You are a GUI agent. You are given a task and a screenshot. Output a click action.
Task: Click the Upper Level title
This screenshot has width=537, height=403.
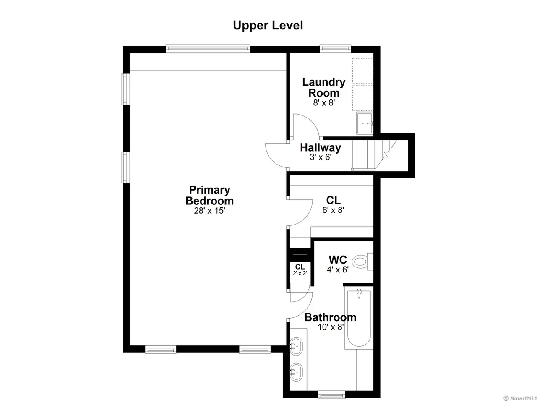pyautogui.click(x=268, y=26)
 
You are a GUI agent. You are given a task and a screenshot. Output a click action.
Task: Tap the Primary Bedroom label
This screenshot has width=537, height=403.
pyautogui.click(x=209, y=195)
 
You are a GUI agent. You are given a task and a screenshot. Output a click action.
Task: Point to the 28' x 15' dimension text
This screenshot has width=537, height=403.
pyautogui.click(x=209, y=211)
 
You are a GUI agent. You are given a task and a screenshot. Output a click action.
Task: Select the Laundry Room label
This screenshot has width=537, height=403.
pyautogui.click(x=323, y=87)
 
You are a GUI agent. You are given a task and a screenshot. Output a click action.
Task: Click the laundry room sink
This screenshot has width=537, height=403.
pyautogui.click(x=365, y=123)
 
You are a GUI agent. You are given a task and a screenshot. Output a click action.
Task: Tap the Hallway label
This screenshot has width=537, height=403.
pyautogui.click(x=321, y=147)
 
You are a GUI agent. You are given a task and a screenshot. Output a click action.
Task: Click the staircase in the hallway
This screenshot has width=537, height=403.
pyautogui.click(x=374, y=155)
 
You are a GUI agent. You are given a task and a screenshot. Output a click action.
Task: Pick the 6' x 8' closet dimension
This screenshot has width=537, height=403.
pyautogui.click(x=333, y=210)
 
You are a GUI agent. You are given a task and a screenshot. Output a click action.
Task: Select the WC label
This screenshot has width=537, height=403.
pyautogui.click(x=338, y=260)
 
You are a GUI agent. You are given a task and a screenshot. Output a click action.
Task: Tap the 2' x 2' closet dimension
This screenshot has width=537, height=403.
pyautogui.click(x=300, y=273)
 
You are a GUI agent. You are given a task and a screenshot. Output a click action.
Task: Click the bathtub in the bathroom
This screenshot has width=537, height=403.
pyautogui.click(x=359, y=317)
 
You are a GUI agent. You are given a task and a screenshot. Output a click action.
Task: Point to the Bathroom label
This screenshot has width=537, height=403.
pyautogui.click(x=330, y=317)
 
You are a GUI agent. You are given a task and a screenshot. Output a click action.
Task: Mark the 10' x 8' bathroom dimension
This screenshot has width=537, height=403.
pyautogui.click(x=331, y=327)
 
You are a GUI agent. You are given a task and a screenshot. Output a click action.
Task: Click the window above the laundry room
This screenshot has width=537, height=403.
pyautogui.click(x=335, y=49)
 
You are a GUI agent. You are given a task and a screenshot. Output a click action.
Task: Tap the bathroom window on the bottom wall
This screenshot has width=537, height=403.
pyautogui.click(x=331, y=395)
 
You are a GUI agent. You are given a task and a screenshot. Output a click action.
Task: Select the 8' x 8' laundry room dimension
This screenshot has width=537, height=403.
pyautogui.click(x=324, y=103)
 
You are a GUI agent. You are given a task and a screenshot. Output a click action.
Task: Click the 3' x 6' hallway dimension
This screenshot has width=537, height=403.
pyautogui.click(x=321, y=157)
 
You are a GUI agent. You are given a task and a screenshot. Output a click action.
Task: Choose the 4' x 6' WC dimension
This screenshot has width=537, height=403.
pyautogui.click(x=338, y=270)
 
